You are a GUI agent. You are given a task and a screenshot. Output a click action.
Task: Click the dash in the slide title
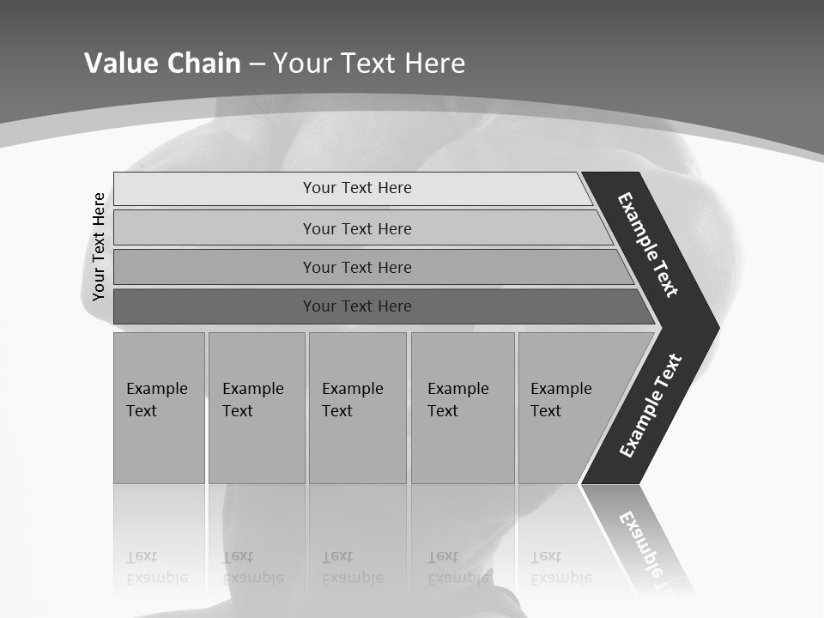pos(257,64)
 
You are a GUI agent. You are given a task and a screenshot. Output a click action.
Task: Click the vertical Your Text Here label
pos(99,247)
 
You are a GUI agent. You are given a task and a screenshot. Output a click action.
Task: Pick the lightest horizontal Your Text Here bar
pos(356,188)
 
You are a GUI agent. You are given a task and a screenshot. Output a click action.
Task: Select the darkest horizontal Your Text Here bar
pos(356,306)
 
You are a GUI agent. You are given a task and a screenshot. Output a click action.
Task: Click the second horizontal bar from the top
pos(356,228)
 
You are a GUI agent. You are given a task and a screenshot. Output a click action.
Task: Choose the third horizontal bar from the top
pos(356,267)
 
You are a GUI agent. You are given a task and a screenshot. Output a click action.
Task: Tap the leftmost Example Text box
pos(159,408)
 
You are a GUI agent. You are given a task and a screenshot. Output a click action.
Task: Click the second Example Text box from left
pos(256,408)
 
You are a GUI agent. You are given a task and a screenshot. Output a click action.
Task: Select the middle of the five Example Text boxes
pos(357,408)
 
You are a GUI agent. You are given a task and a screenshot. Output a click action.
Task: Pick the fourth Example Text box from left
pos(462,408)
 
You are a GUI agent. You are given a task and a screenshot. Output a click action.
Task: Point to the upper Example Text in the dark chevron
pos(648,245)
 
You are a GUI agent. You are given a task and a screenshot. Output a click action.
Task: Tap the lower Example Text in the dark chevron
pos(651,405)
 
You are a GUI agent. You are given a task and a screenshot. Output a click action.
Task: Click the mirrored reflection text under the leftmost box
pos(157,567)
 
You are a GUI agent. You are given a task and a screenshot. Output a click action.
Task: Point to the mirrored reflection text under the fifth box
pos(560,567)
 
